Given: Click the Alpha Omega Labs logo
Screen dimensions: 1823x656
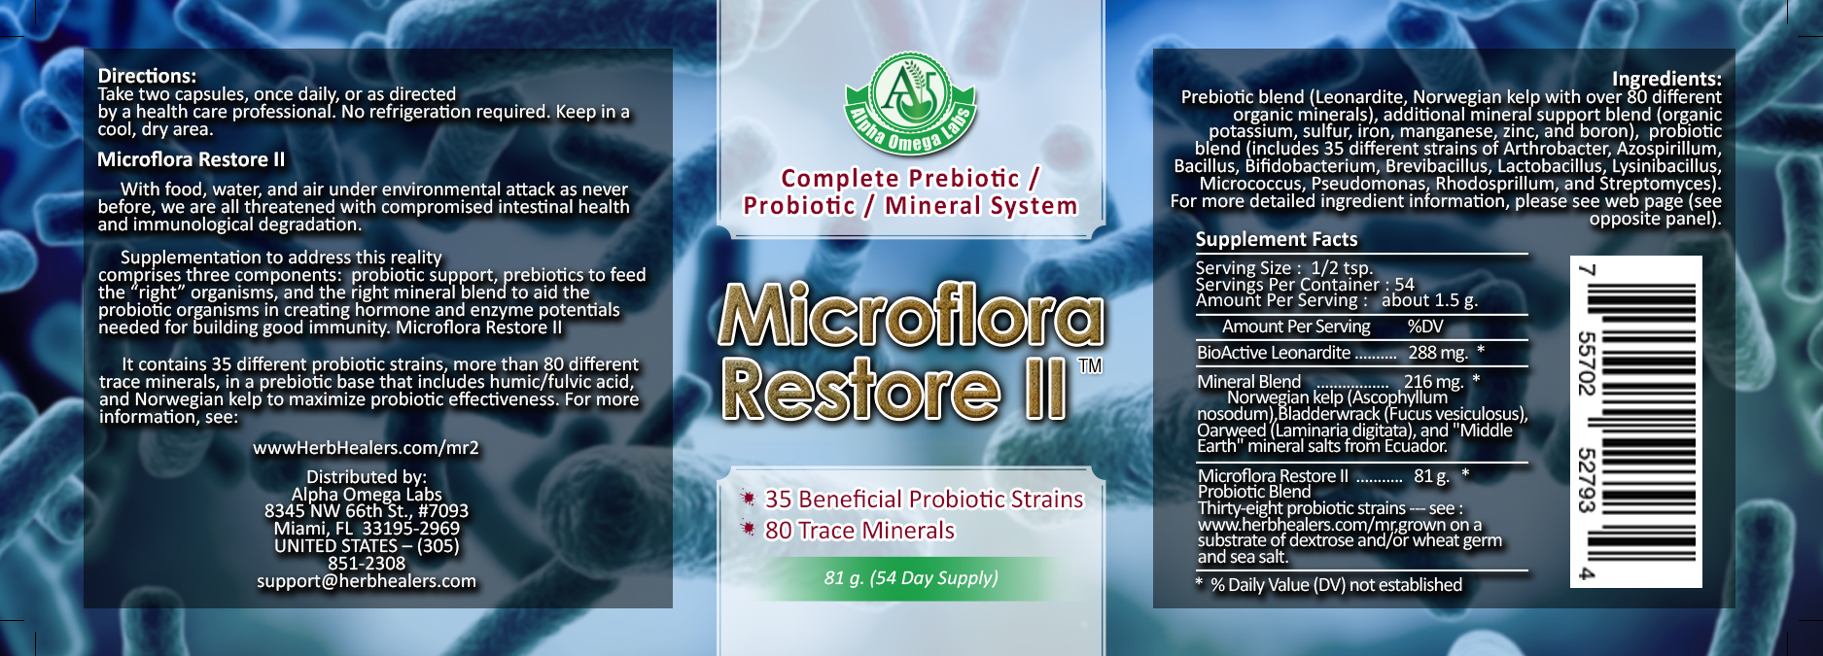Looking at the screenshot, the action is pyautogui.click(x=910, y=104).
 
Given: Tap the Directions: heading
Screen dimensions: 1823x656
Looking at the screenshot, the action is pyautogui.click(x=147, y=76).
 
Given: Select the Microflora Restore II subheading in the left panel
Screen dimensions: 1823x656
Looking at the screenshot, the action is pyautogui.click(x=192, y=159).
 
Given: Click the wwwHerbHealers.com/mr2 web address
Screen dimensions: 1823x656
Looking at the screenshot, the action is pyautogui.click(x=366, y=448).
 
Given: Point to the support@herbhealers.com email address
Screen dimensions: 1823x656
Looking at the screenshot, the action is pyautogui.click(x=367, y=581).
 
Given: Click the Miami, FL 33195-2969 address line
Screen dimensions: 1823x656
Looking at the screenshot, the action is pyautogui.click(x=367, y=529).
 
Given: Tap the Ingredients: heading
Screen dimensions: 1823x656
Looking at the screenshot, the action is pyautogui.click(x=1666, y=79).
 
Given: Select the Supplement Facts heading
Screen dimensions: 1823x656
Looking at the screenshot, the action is pyautogui.click(x=1277, y=239).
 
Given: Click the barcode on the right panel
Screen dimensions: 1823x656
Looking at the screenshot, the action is pyautogui.click(x=1636, y=422).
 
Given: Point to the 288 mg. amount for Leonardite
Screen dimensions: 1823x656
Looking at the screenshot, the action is pyautogui.click(x=1438, y=353).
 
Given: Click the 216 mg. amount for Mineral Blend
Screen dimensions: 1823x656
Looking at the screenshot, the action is pyautogui.click(x=1433, y=382).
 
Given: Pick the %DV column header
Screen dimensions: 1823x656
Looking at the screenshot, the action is pyautogui.click(x=1425, y=327).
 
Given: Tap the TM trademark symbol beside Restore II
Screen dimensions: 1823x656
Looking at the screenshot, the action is pyautogui.click(x=1091, y=365).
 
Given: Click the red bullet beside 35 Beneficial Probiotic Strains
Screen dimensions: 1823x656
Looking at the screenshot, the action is pyautogui.click(x=748, y=498).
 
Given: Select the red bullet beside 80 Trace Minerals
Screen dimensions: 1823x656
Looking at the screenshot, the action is pyautogui.click(x=748, y=529).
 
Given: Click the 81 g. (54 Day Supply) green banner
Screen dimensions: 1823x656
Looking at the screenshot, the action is pyautogui.click(x=911, y=578).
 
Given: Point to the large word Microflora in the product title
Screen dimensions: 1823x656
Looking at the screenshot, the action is pyautogui.click(x=911, y=315).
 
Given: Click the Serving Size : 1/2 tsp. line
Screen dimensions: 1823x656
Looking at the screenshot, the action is pyautogui.click(x=1284, y=268).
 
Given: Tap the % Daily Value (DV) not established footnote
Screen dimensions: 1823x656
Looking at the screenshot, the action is pyautogui.click(x=1328, y=585).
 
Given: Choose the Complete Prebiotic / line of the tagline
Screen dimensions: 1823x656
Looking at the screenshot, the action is pyautogui.click(x=910, y=179).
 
